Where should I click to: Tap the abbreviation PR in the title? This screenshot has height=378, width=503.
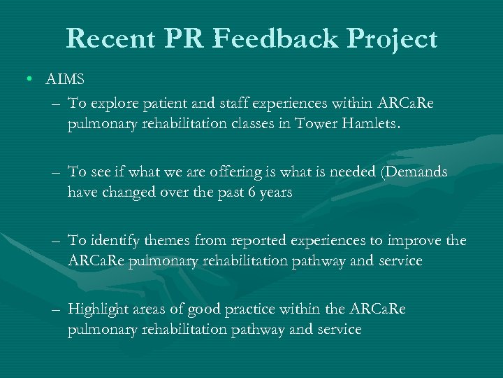tap(184, 38)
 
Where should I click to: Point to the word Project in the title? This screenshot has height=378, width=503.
tap(395, 40)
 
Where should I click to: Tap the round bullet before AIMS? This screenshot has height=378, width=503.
tap(31, 79)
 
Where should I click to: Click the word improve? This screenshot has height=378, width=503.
tap(414, 241)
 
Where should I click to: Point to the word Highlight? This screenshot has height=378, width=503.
tap(96, 310)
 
